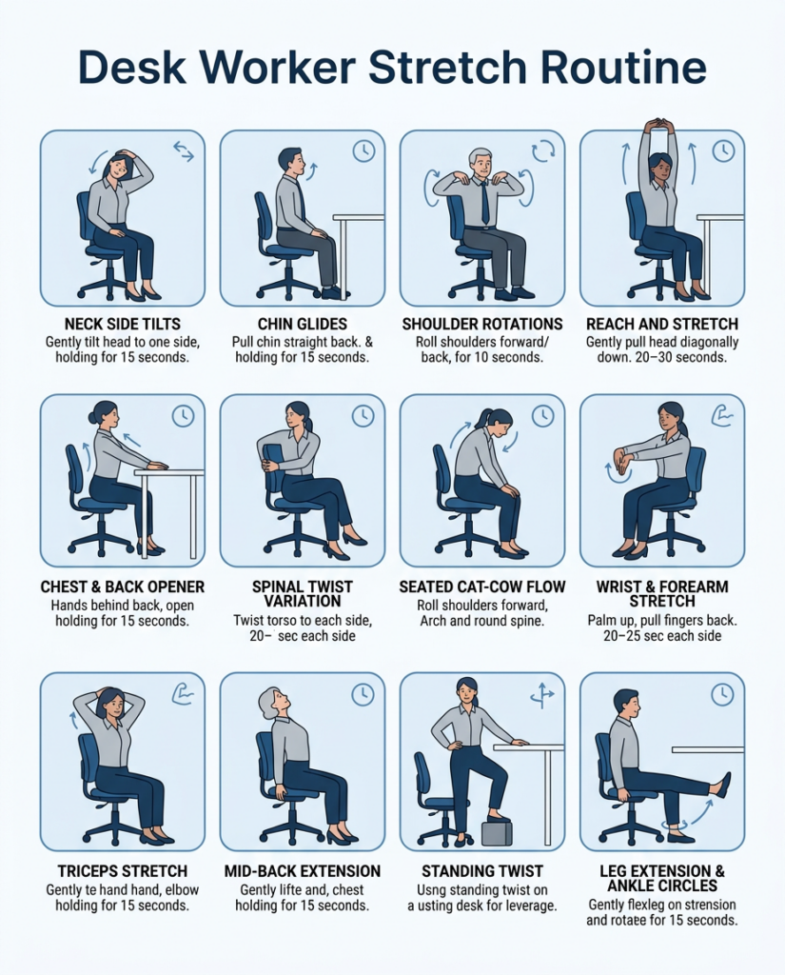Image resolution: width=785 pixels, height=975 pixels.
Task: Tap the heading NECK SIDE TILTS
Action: [123, 324]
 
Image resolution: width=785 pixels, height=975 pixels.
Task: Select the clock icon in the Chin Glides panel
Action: [363, 150]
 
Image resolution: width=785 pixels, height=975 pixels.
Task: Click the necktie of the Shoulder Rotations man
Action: [484, 203]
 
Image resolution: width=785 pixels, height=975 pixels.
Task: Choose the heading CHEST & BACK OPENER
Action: [123, 587]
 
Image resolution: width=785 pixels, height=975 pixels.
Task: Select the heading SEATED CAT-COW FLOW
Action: [482, 587]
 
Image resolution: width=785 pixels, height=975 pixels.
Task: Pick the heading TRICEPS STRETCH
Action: [123, 871]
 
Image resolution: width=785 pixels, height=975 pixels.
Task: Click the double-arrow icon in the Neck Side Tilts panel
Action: [184, 150]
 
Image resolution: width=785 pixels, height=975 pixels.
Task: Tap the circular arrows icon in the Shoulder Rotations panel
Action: [542, 149]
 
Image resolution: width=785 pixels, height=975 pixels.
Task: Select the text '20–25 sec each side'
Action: [662, 635]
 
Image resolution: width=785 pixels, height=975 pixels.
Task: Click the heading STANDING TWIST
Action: [482, 871]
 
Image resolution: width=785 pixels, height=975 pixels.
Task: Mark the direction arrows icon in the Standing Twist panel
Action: [541, 694]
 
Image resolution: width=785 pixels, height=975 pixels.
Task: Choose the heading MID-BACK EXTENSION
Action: [302, 871]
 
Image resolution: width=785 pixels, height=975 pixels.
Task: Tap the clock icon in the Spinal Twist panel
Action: [363, 416]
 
